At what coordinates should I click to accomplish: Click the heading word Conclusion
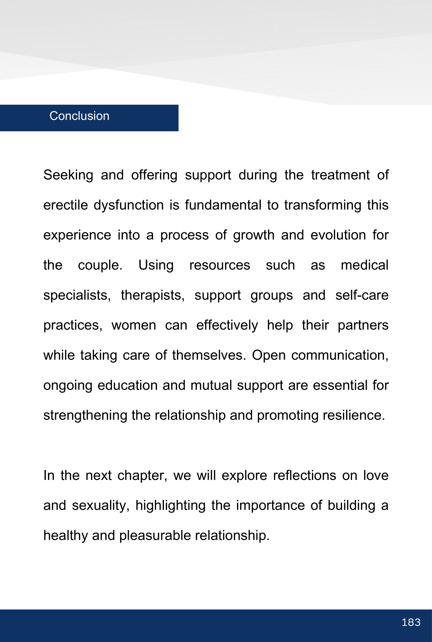tap(79, 116)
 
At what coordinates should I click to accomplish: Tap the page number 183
tap(411, 622)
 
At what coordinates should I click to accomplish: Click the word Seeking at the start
tap(68, 175)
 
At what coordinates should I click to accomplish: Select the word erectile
tap(66, 205)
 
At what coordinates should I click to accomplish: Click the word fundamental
tap(223, 205)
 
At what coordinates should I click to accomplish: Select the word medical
tap(364, 265)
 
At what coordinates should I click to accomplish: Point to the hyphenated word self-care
tap(362, 295)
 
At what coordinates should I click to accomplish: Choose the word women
tap(134, 325)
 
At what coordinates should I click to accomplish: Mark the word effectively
tap(227, 325)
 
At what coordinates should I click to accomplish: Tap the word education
tap(127, 386)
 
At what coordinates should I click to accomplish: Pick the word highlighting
tap(170, 506)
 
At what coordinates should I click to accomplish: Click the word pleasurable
tap(155, 536)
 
